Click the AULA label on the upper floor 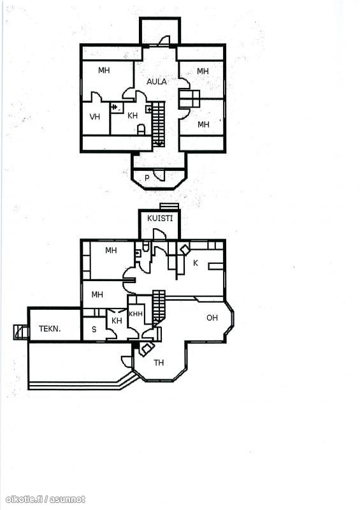156,82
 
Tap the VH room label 95,117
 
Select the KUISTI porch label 160,218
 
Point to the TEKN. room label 50,328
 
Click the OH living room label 212,317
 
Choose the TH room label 159,362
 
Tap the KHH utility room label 136,314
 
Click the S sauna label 94,329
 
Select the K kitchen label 196,263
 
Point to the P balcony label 147,178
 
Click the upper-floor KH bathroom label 133,115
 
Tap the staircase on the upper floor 159,124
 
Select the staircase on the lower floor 159,307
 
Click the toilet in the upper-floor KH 141,129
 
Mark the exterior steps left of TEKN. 21,332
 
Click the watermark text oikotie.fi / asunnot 45,499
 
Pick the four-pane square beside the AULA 189,99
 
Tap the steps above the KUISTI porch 169,207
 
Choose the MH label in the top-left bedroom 104,70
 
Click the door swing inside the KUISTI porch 159,233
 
